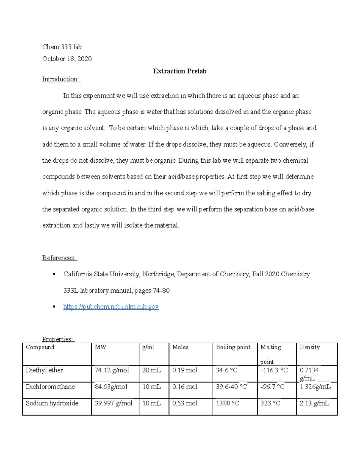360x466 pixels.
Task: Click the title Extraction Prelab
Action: point(179,71)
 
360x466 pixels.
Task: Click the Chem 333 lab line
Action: point(62,47)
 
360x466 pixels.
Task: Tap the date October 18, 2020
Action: point(67,59)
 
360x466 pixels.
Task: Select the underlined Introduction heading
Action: point(61,79)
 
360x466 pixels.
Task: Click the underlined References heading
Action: point(59,258)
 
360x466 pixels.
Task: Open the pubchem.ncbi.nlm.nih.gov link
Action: point(111,306)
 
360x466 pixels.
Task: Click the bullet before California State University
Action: point(54,274)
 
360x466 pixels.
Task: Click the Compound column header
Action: point(40,347)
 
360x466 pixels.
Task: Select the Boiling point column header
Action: point(233,347)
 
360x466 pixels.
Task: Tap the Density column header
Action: point(310,347)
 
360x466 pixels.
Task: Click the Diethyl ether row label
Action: point(44,370)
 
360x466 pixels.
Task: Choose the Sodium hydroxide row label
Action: point(52,403)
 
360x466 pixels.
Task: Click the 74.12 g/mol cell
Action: point(112,370)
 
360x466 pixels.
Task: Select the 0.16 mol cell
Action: point(184,387)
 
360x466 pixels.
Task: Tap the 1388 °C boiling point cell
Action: point(227,403)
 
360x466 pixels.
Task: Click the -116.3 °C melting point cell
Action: point(274,370)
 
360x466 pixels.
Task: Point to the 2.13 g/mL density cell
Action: point(314,403)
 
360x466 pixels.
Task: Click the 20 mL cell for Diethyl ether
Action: point(151,370)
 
